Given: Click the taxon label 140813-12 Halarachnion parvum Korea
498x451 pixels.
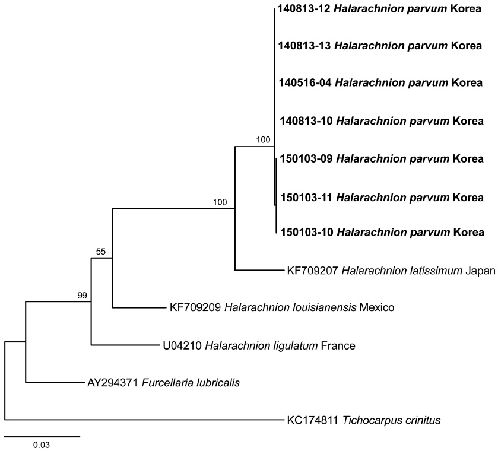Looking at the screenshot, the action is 379,8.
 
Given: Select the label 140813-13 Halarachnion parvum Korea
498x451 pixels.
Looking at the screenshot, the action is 380,46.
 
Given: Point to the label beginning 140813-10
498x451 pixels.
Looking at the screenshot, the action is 382,121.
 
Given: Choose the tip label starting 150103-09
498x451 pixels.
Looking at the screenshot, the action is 382,158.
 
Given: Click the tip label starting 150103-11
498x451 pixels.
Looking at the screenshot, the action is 382,198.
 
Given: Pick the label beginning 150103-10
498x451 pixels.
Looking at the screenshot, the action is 382,233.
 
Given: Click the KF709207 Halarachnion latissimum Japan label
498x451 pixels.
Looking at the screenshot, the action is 391,271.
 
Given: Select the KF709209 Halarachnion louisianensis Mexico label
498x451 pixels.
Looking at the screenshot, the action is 282,307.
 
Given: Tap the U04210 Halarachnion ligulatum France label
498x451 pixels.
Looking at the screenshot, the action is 259,345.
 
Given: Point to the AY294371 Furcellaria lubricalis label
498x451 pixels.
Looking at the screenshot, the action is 164,383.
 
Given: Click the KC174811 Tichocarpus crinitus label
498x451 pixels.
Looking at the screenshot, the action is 364,421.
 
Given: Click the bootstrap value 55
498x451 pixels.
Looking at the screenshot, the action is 101,252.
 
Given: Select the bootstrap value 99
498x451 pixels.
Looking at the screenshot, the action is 82,296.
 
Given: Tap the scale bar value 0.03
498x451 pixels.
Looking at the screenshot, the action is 42,445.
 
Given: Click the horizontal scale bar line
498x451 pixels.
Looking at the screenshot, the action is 42,437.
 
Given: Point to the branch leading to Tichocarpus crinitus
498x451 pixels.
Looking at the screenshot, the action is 144,420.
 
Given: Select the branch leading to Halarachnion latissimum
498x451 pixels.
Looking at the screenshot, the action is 259,270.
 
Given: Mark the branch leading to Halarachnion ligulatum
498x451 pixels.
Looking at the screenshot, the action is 126,345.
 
